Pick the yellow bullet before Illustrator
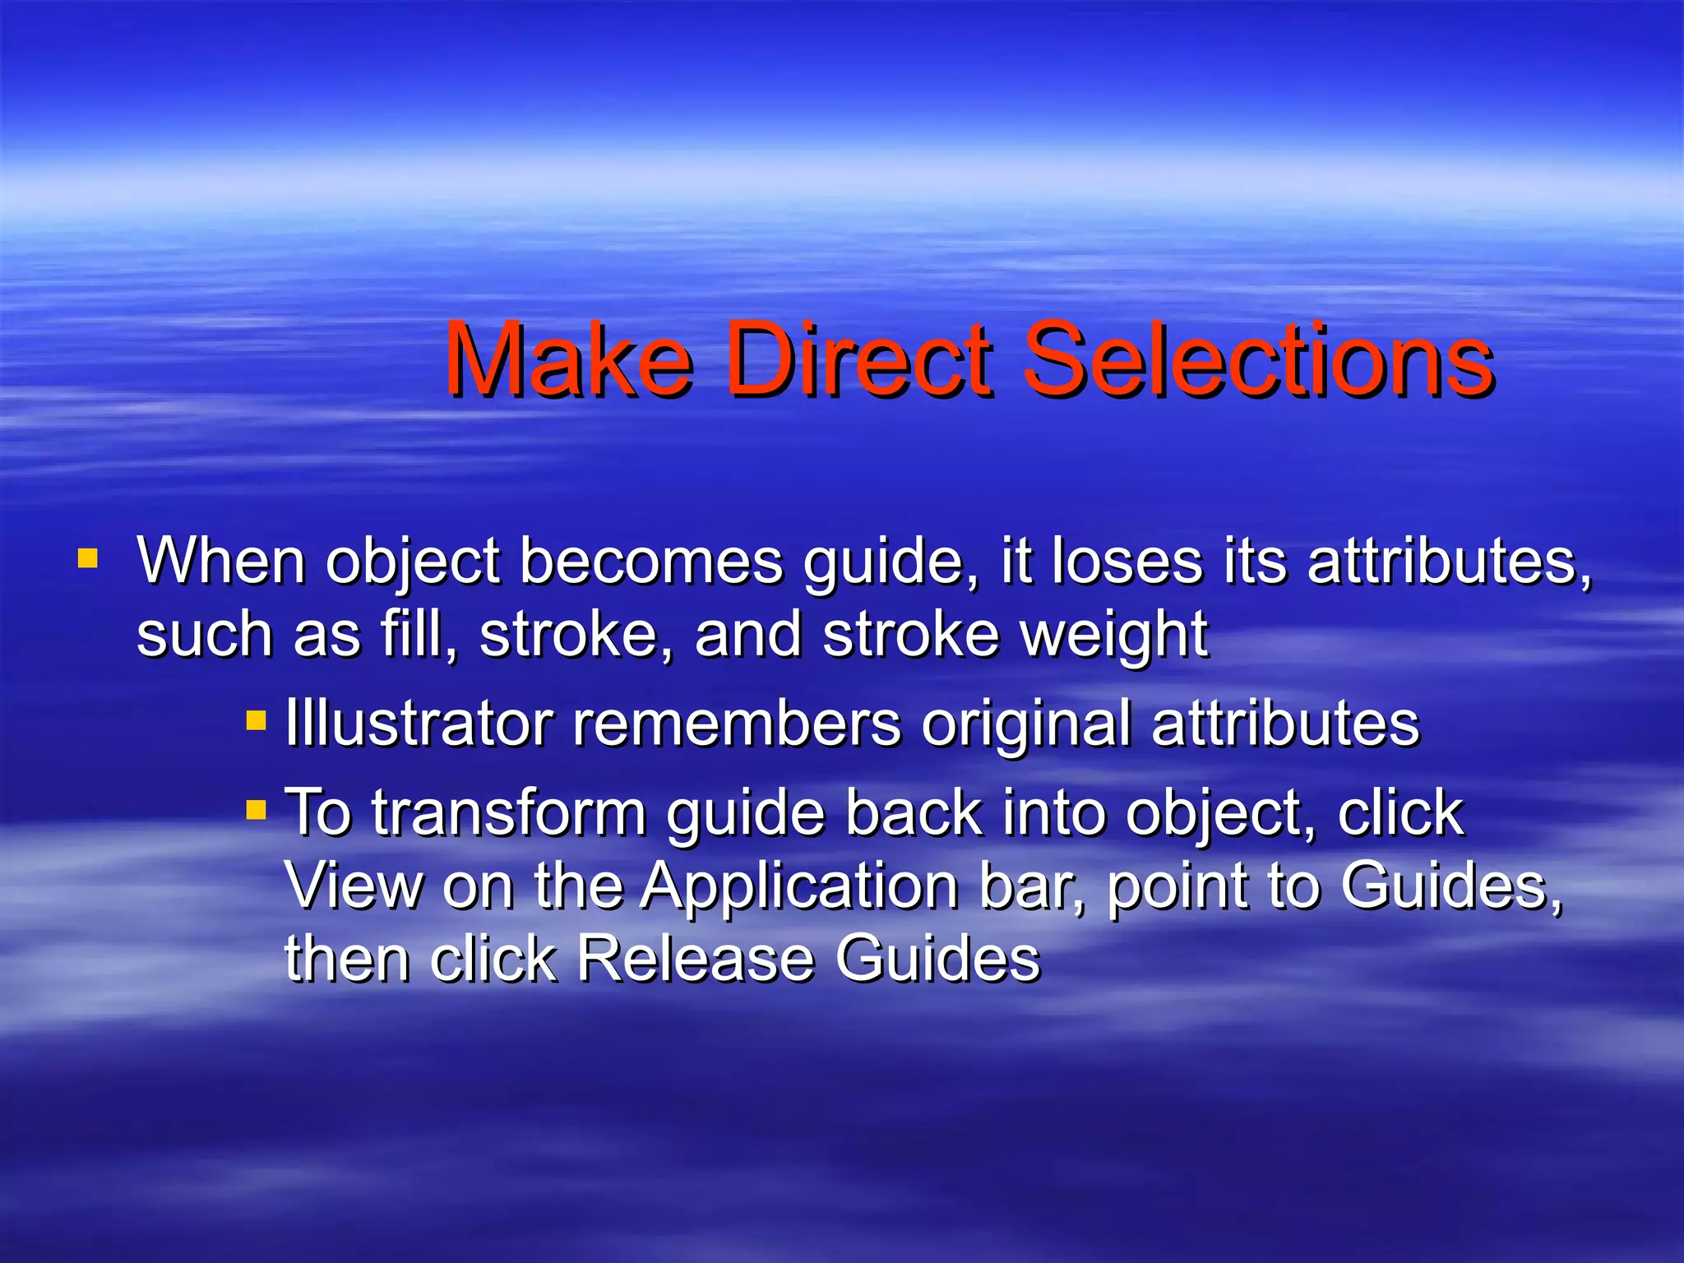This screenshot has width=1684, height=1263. point(257,722)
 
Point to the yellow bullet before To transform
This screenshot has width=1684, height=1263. point(257,812)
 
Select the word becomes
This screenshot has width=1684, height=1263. point(651,562)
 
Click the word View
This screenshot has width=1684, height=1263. point(354,886)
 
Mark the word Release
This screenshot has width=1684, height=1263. point(695,959)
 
